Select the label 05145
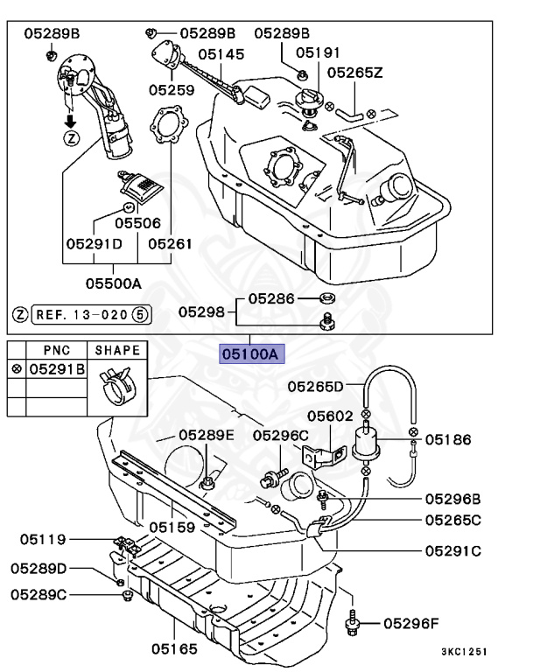tap(221, 54)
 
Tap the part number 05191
tap(318, 52)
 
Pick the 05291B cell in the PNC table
tap(57, 370)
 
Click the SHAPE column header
tap(117, 350)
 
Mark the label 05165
tap(173, 650)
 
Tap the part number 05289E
tap(207, 435)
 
